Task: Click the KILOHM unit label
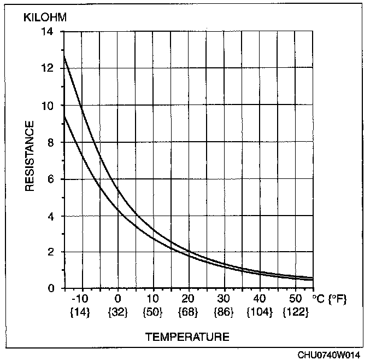pos(44,17)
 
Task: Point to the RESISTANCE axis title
pos(30,156)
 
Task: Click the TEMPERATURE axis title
pos(187,336)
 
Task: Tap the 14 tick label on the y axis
pos(48,31)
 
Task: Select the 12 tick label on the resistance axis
pos(48,68)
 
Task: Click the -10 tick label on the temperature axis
pos(81,299)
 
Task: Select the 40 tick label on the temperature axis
pos(260,299)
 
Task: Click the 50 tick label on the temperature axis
pos(295,299)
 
